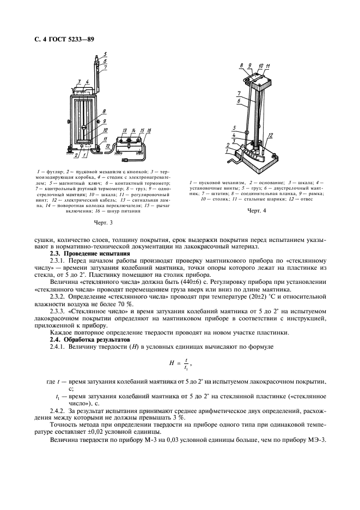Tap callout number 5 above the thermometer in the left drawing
[x=105, y=54]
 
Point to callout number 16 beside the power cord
[x=149, y=131]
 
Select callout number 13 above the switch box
[x=125, y=131]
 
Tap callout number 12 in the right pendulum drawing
[x=271, y=135]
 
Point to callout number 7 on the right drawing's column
[x=239, y=93]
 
